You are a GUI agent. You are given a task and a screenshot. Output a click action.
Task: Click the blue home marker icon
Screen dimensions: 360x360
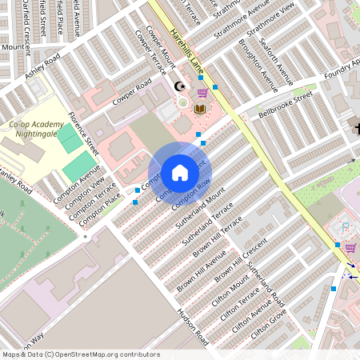click(x=179, y=173)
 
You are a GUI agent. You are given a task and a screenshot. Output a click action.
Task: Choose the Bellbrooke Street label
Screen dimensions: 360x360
click(x=285, y=106)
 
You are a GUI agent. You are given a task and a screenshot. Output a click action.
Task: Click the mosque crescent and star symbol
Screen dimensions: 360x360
click(x=180, y=86)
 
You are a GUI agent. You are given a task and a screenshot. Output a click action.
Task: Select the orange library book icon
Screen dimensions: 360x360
click(x=200, y=108)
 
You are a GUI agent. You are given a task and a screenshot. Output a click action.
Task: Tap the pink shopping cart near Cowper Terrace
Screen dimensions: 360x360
click(x=202, y=93)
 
